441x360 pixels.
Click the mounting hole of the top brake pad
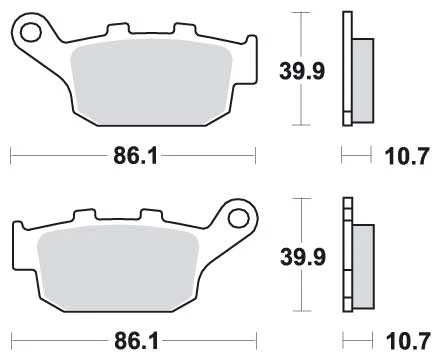click(x=31, y=32)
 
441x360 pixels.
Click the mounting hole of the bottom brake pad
click(x=239, y=218)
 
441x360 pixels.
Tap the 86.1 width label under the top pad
click(x=135, y=156)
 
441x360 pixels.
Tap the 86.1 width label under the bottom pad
click(x=136, y=341)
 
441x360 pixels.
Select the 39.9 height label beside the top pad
click(x=302, y=71)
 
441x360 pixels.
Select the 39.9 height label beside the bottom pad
click(x=303, y=257)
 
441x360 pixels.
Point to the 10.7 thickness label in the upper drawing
click(x=406, y=156)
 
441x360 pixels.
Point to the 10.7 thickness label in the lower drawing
click(x=407, y=341)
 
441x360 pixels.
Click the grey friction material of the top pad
click(x=152, y=82)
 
